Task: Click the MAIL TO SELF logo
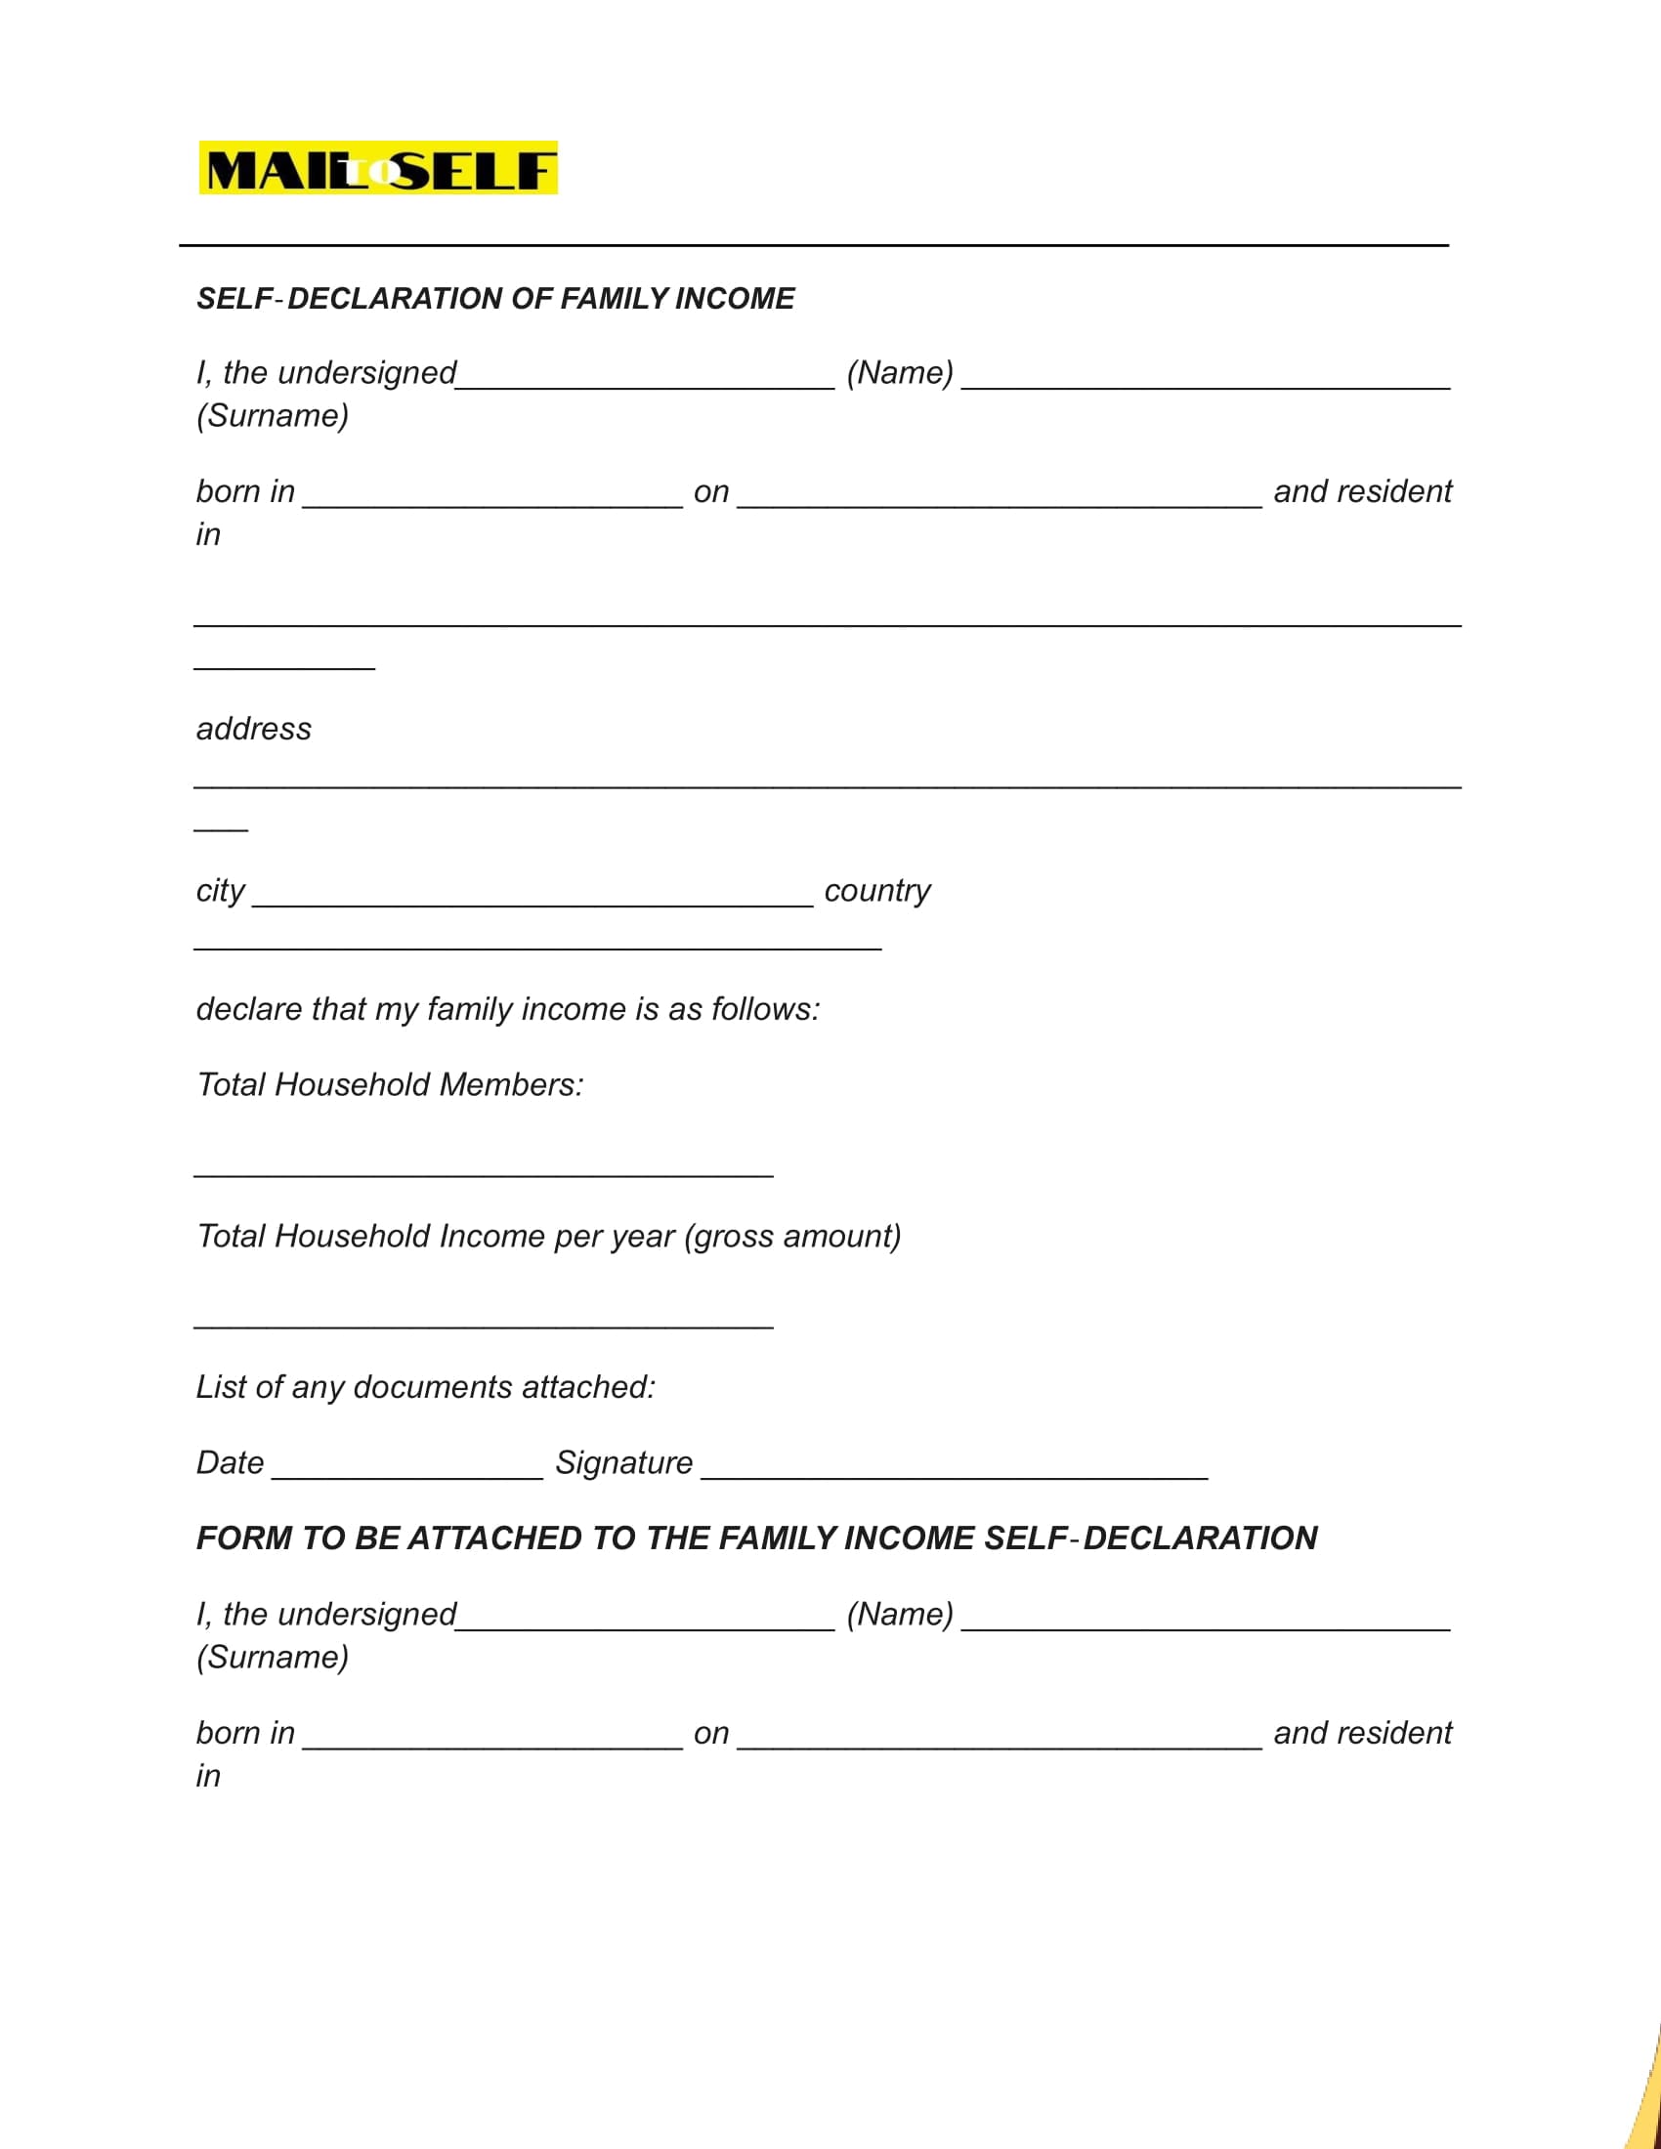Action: point(378,168)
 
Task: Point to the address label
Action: point(254,729)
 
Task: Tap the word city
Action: point(221,891)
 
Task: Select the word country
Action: point(876,891)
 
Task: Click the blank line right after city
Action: point(532,904)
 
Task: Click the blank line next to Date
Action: point(407,1477)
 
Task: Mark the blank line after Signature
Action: point(955,1477)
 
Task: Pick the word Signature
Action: point(624,1463)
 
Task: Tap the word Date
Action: point(231,1463)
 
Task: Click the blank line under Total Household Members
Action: point(483,1175)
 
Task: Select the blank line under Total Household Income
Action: point(483,1327)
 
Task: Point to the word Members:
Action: point(512,1085)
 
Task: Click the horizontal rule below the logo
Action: point(814,245)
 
